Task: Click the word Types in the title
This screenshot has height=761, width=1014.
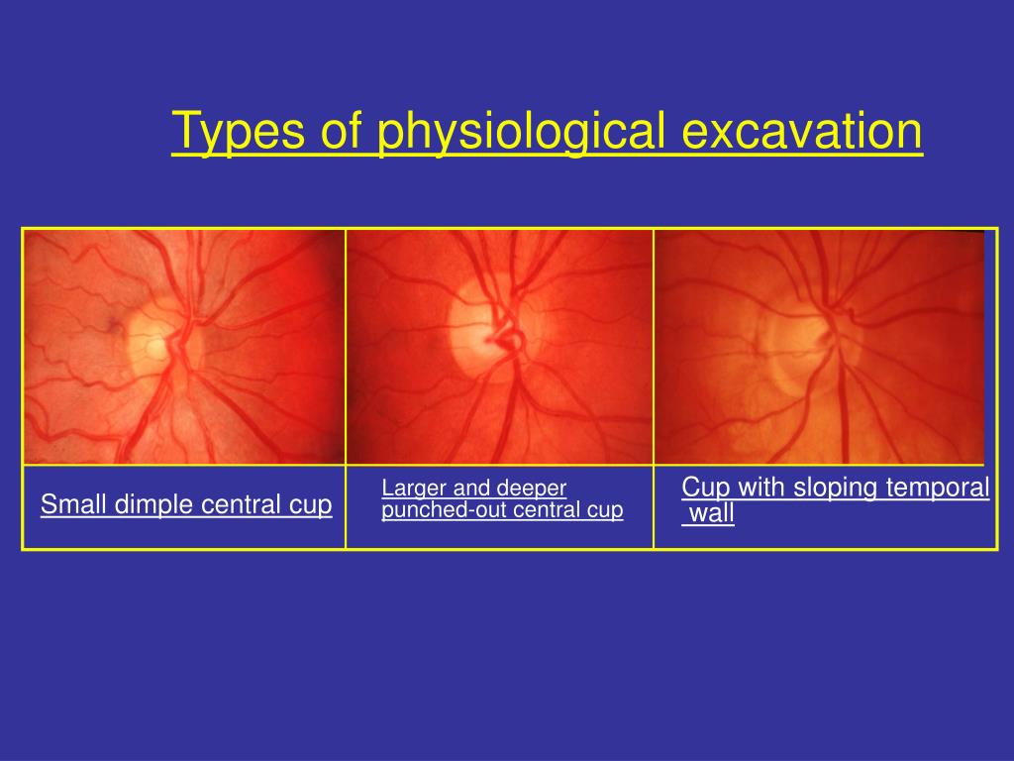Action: [236, 132]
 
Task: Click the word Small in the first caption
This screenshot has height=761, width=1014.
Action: [74, 505]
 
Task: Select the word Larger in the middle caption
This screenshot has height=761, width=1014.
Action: [414, 489]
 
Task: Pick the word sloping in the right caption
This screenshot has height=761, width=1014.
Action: [829, 488]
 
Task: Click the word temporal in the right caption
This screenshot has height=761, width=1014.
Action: [941, 488]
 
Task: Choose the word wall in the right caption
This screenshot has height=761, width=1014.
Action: [711, 513]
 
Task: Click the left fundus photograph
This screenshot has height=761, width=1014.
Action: [184, 347]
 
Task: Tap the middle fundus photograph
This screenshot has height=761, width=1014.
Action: [499, 347]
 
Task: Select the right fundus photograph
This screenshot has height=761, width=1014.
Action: [820, 347]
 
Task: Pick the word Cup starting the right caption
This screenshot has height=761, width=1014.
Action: [704, 488]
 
